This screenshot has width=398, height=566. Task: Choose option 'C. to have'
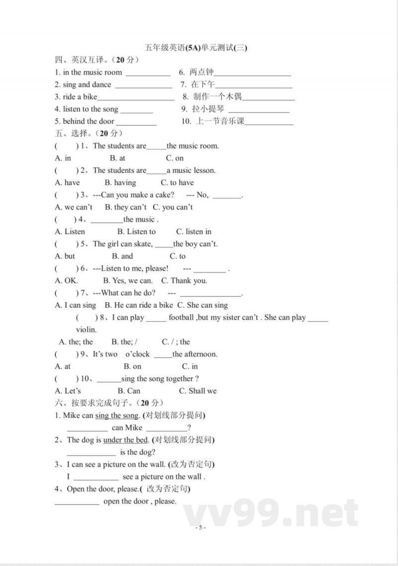point(177,183)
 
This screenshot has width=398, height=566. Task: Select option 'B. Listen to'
point(136,231)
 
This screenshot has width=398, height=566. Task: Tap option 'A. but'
point(65,256)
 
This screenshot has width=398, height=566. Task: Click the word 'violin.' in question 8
point(86,330)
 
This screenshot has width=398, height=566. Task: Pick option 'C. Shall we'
point(198,391)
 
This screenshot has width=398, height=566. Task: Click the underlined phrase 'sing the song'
point(116,416)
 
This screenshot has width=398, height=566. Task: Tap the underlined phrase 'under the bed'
point(125,440)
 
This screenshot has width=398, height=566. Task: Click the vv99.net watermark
point(271,513)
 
